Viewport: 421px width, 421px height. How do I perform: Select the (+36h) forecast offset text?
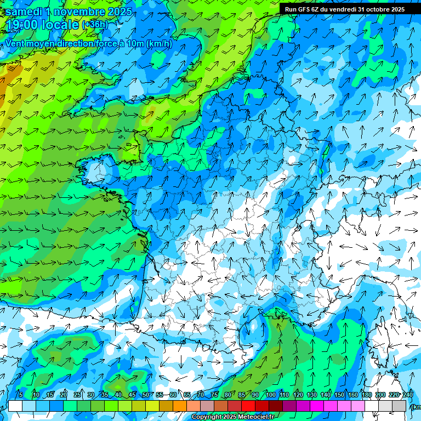(95, 25)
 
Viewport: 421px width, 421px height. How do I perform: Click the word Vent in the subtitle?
(16, 43)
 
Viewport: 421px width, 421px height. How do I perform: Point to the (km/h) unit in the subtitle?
(160, 43)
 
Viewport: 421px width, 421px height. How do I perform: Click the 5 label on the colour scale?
(20, 395)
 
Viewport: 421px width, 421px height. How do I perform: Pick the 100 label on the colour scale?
(270, 395)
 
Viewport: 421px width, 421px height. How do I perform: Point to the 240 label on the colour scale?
(407, 395)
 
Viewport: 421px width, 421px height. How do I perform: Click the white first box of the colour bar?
(15, 406)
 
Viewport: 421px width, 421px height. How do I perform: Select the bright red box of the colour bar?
(249, 406)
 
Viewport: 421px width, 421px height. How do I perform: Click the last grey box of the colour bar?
(400, 406)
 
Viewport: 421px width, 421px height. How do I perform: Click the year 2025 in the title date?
(119, 11)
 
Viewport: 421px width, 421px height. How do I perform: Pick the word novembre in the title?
(79, 11)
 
